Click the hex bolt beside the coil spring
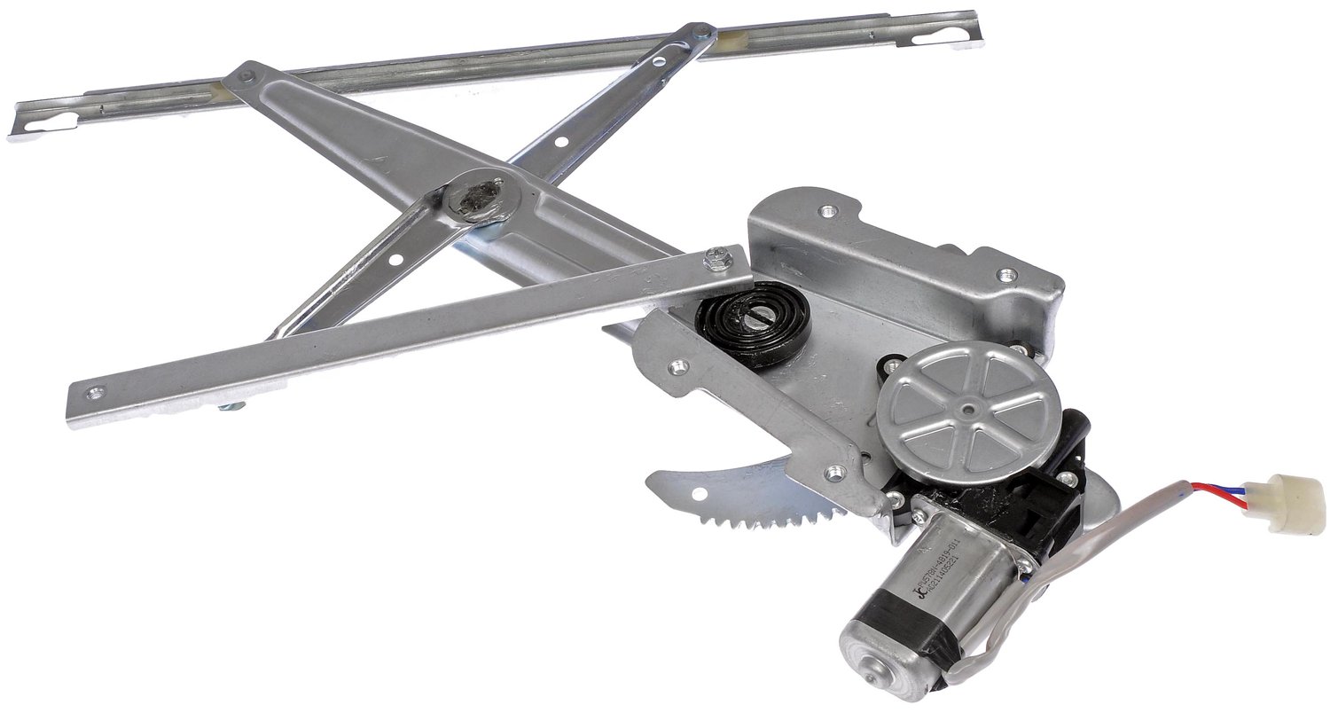[x=717, y=259]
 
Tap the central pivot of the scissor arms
[x=478, y=196]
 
